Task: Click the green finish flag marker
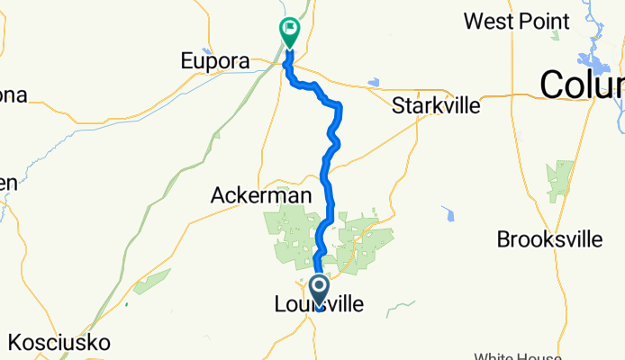[290, 32]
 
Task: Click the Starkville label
[436, 105]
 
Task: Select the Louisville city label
[320, 306]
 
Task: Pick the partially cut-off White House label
[522, 355]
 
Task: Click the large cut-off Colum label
[582, 85]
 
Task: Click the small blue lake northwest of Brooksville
[448, 214]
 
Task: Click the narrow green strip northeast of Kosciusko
[153, 282]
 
